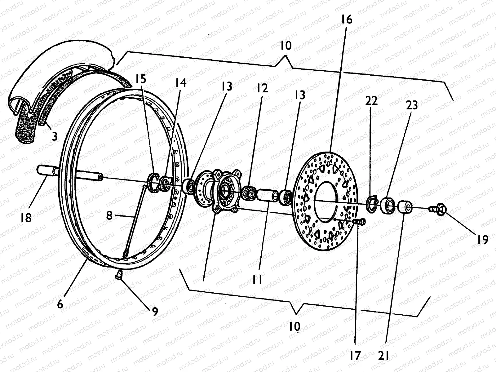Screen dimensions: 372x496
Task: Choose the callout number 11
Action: coord(257,280)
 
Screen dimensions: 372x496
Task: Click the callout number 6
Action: coord(60,304)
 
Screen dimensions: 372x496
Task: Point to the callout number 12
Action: coord(262,88)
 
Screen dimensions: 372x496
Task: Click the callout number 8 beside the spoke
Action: coord(109,215)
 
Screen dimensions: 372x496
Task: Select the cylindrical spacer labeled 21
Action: coord(405,207)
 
